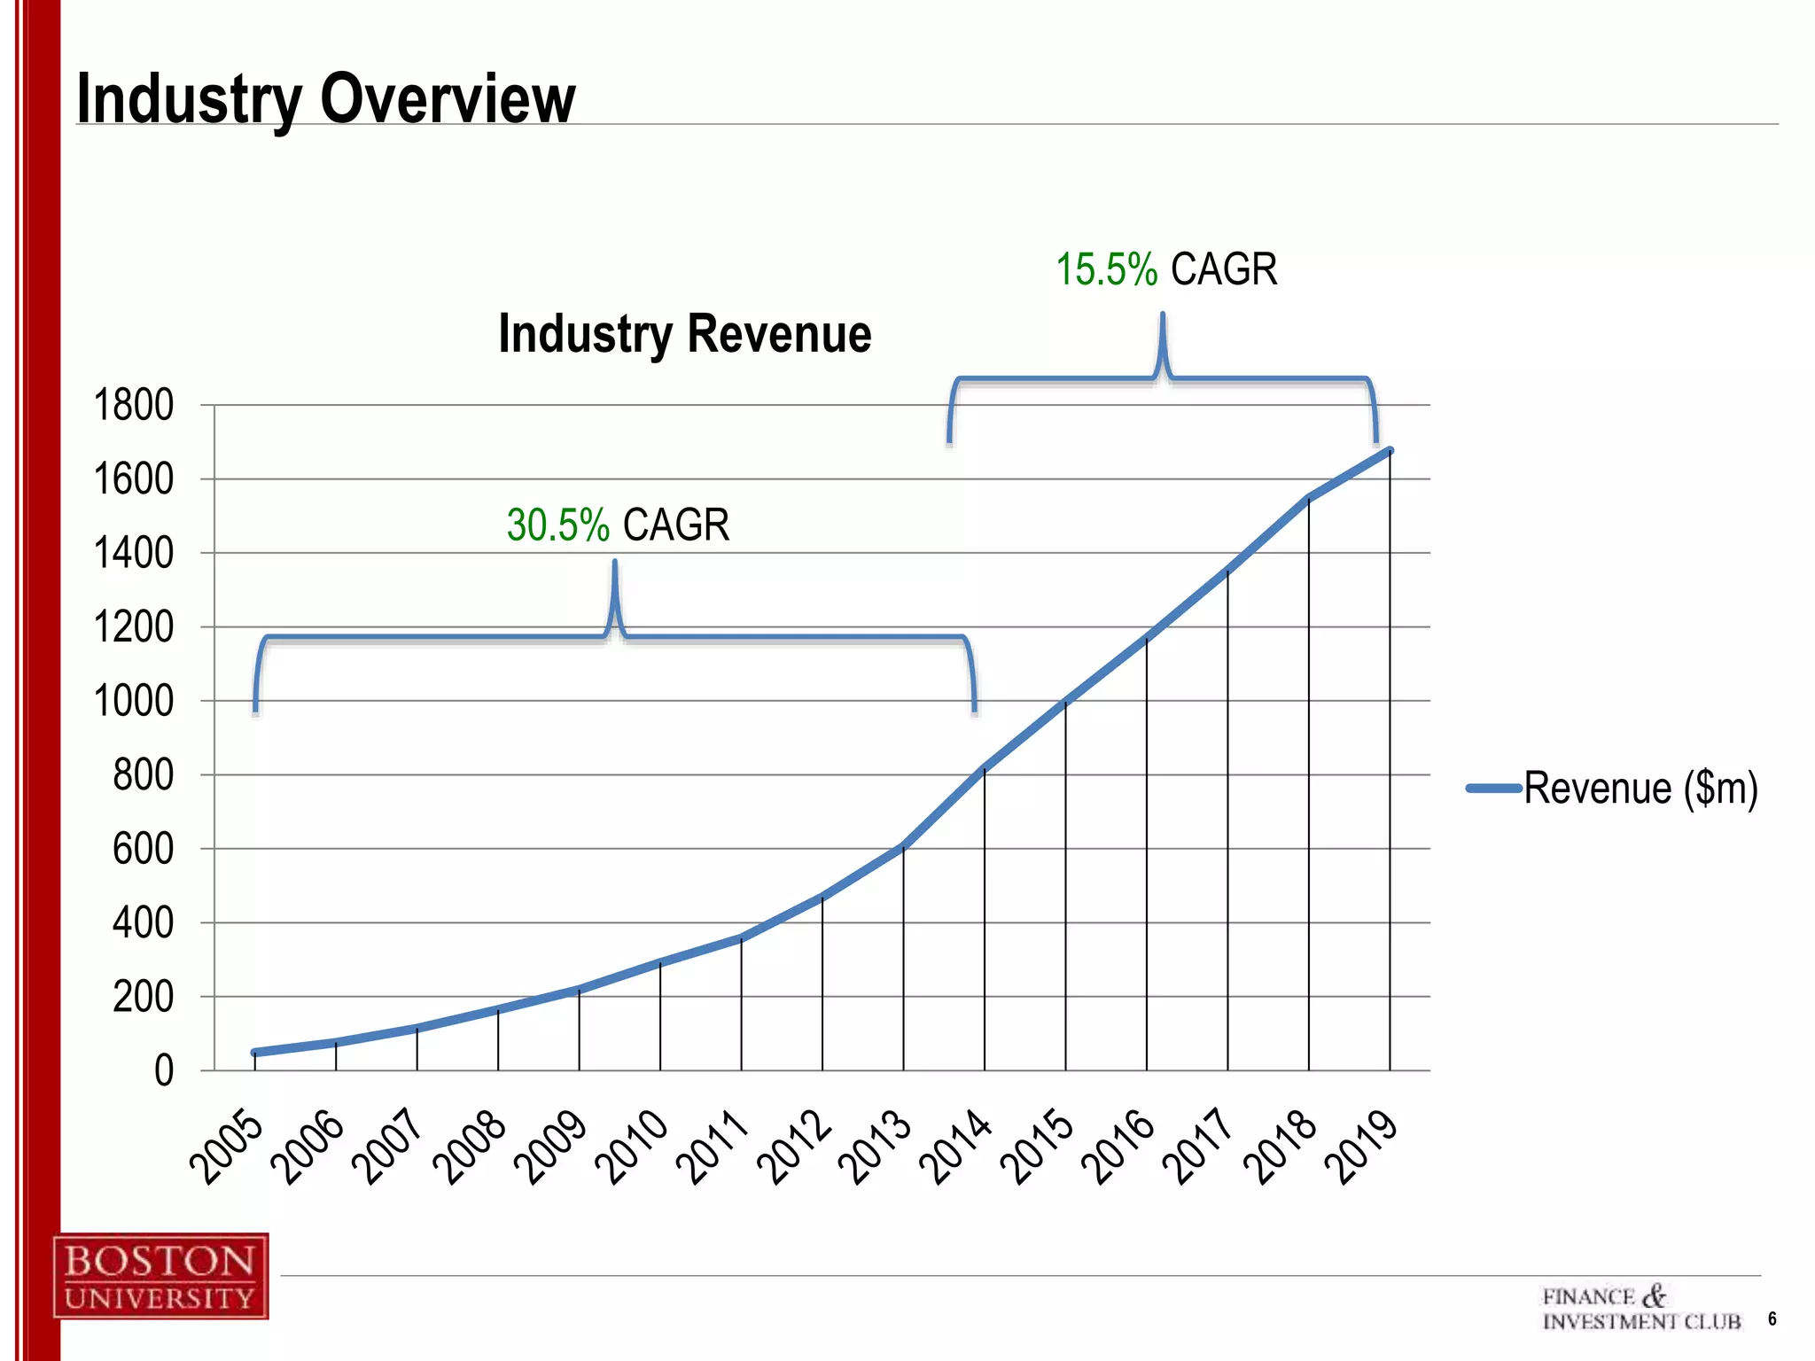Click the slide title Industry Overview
pos(326,97)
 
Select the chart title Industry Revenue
pos(684,334)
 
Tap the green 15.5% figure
pos(1106,269)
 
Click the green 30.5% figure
pos(557,525)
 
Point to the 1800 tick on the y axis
pos(134,406)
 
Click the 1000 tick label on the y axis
pos(134,702)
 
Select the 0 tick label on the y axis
pos(164,1071)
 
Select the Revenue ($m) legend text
pos(1640,788)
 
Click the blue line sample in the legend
pos(1494,788)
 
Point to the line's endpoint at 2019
pos(1390,451)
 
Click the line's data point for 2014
pos(985,769)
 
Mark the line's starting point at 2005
pos(255,1053)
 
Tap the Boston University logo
pos(160,1276)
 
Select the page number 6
pos(1772,1318)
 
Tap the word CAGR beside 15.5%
pos(1223,269)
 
